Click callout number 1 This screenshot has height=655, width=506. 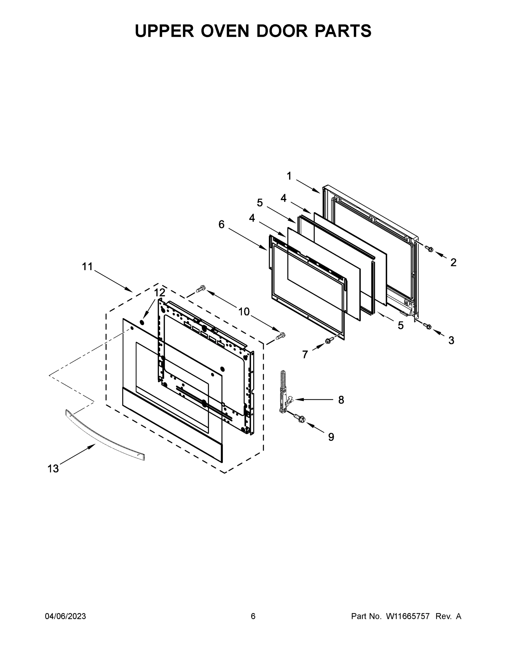(x=289, y=176)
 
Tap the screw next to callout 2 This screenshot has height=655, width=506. (x=429, y=248)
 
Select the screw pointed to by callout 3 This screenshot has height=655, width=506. (x=427, y=326)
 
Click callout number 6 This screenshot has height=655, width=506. (x=221, y=224)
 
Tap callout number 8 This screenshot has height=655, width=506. (x=341, y=400)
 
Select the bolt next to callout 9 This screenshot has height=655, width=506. (x=300, y=418)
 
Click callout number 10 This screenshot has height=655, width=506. (x=244, y=312)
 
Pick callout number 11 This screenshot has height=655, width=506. (x=88, y=266)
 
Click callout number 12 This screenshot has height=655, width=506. (x=160, y=293)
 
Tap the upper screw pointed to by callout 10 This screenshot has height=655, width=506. (x=200, y=289)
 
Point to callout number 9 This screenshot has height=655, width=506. (x=331, y=437)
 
